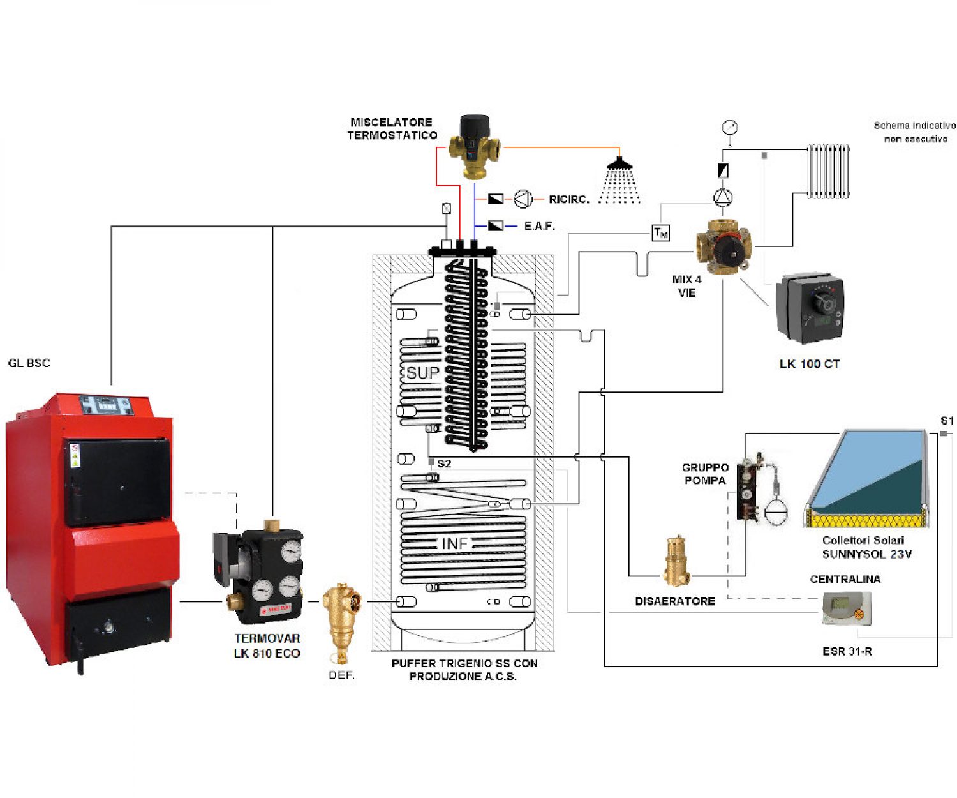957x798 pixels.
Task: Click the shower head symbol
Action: coord(619,164)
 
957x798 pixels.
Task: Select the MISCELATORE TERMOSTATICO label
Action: coord(392,128)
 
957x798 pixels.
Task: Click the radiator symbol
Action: coord(829,170)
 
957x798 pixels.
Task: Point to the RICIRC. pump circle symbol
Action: coord(523,199)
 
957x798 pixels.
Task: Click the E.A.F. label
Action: coord(539,226)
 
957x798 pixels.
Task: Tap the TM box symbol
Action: coord(661,233)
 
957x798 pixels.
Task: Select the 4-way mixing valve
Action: coord(723,246)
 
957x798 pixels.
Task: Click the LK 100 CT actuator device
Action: coord(810,309)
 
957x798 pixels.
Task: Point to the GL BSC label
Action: coord(29,363)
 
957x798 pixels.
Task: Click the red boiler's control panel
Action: coord(107,405)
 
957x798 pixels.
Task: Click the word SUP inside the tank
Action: coord(423,373)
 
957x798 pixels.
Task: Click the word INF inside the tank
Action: coord(455,543)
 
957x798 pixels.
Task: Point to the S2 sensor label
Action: coord(444,463)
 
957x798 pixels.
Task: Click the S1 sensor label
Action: coord(947,421)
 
